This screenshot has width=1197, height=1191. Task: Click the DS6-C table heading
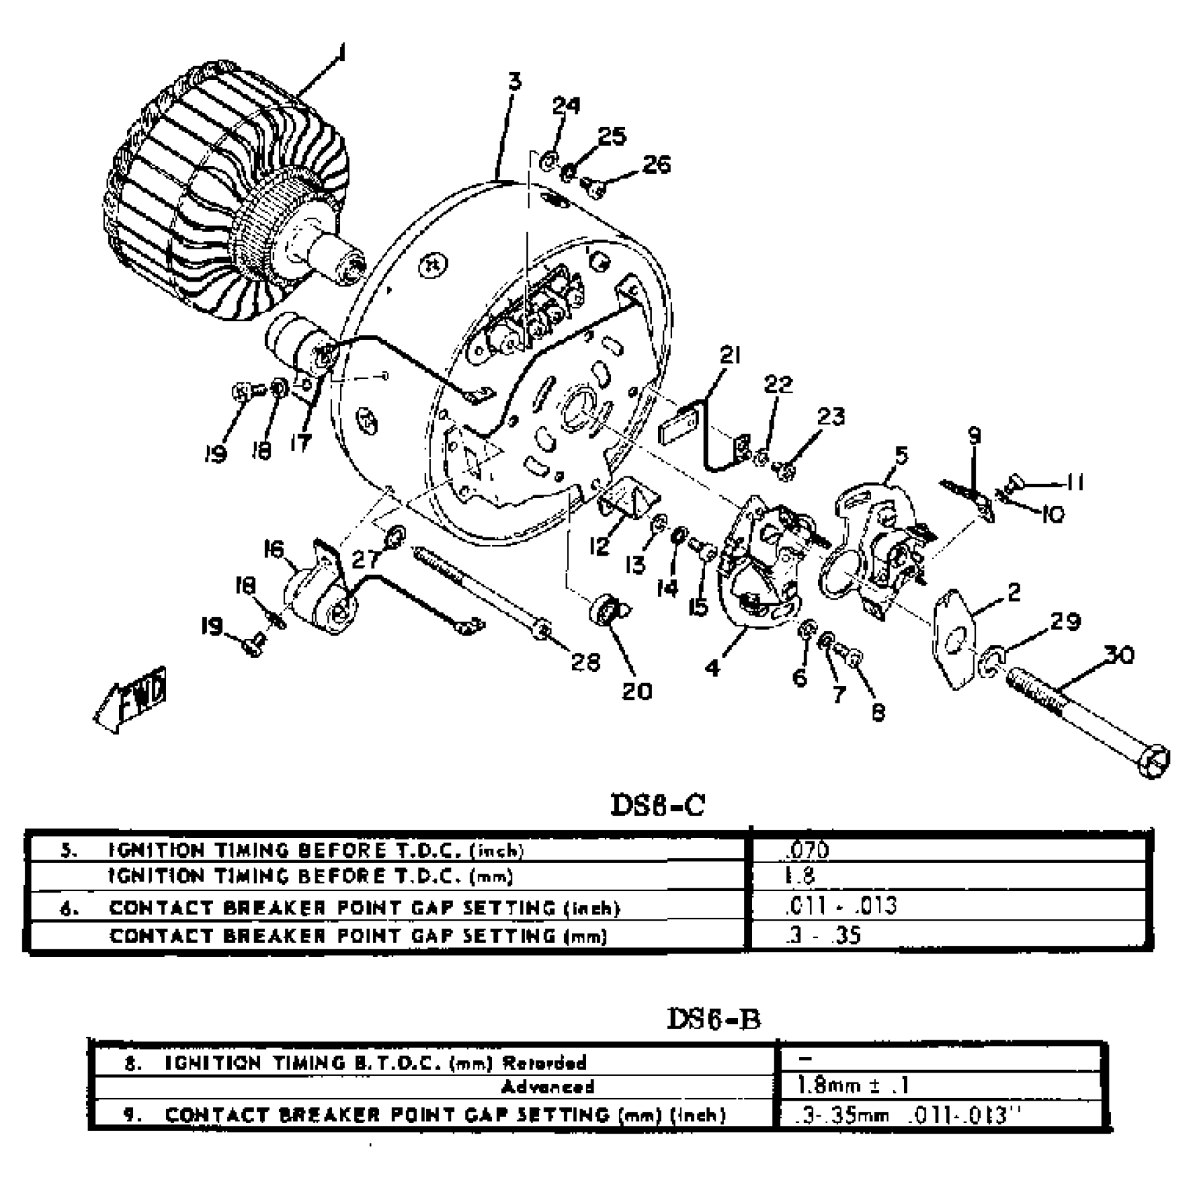point(657,805)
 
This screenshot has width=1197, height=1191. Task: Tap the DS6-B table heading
point(713,1019)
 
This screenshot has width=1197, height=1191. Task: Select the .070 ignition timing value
point(806,850)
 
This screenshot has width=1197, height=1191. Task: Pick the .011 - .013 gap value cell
point(841,906)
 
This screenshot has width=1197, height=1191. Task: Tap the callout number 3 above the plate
point(515,82)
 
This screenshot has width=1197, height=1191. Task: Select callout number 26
point(656,164)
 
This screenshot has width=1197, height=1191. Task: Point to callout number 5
point(901,455)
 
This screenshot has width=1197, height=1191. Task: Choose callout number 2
point(1013,592)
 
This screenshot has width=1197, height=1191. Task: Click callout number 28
point(585,661)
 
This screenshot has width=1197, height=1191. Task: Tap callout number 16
point(275,549)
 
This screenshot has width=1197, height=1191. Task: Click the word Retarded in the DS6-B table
point(545,1063)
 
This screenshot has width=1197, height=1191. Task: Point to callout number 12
point(599,546)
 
